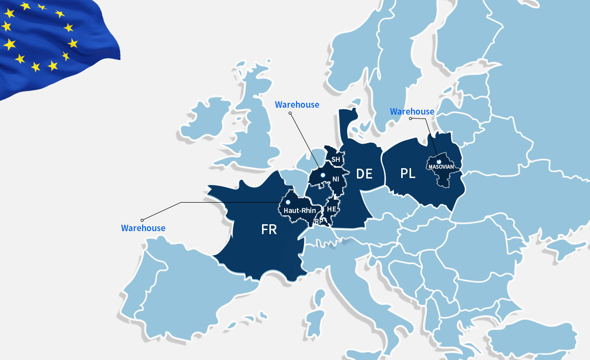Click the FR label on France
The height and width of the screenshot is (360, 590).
[x=269, y=230]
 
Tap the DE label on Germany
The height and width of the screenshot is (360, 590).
[x=364, y=174]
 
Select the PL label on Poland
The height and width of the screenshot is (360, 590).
[x=408, y=174]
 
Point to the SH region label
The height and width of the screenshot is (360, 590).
[x=336, y=160]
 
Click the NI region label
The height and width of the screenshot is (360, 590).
[x=336, y=180]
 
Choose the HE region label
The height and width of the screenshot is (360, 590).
[x=331, y=209]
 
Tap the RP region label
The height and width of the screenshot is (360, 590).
[x=319, y=221]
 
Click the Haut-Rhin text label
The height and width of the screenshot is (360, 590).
[x=300, y=210]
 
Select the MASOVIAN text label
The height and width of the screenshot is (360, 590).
[x=441, y=167]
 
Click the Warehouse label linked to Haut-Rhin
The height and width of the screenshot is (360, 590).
[x=143, y=228]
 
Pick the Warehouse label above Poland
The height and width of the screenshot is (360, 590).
[x=412, y=112]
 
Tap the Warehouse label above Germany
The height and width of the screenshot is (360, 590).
[x=297, y=105]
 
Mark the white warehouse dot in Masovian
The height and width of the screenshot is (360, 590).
[x=439, y=161]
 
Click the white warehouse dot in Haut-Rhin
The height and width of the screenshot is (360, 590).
[x=288, y=202]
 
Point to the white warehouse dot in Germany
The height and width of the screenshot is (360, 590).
[x=323, y=175]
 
